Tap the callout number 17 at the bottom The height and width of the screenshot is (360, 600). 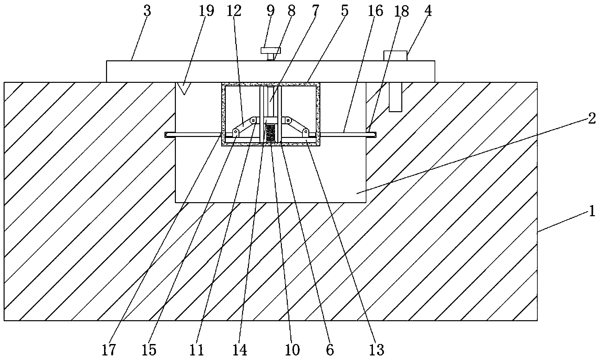[x=109, y=350]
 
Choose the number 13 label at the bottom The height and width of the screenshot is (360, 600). [x=377, y=350]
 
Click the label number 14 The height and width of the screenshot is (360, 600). [x=239, y=350]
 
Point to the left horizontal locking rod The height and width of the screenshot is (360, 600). [x=193, y=134]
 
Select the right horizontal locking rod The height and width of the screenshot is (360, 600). [x=348, y=134]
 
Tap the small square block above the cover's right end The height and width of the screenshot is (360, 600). [x=395, y=55]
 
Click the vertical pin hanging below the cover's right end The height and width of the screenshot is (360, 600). [x=395, y=97]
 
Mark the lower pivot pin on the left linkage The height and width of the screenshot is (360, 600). [x=235, y=131]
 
